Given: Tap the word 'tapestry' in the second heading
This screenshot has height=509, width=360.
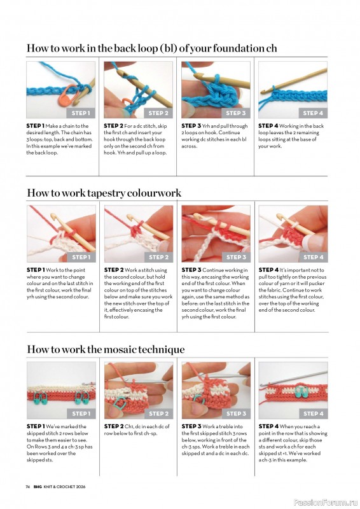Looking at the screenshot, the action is (106, 193).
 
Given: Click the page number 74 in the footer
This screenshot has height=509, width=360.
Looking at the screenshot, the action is (28, 487).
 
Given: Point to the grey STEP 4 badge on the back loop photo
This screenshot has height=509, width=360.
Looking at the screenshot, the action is (312, 113).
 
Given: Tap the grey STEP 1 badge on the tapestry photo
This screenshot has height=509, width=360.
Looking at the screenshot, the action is (81, 258).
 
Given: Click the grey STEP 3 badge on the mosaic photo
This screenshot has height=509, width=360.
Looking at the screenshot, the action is (236, 414).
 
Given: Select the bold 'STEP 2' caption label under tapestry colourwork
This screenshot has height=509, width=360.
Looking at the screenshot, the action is (114, 270).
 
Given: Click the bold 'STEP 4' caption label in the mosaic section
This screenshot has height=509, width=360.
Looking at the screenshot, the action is (268, 426).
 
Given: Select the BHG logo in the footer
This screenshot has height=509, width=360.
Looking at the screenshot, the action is (37, 487).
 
